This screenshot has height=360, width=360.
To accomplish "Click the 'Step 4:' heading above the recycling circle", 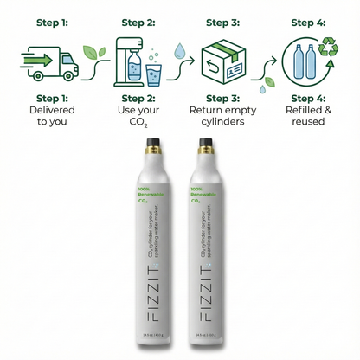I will coord(309,22).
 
